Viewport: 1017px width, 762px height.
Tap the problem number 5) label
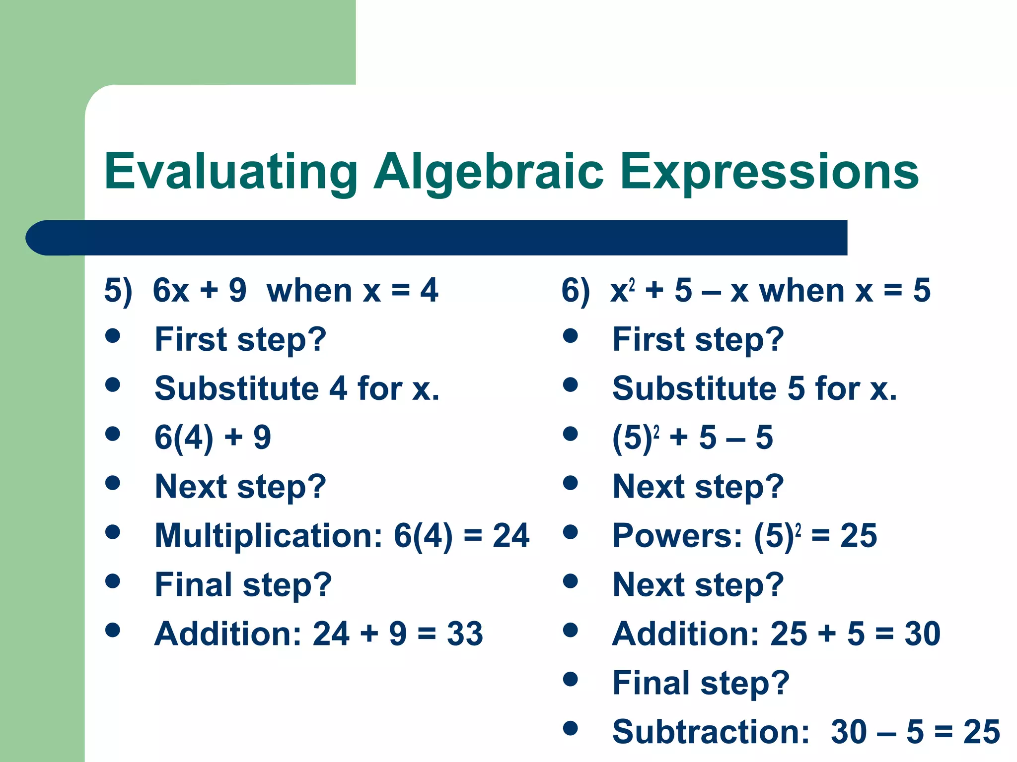click(x=118, y=291)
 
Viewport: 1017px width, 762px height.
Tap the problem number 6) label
click(x=576, y=291)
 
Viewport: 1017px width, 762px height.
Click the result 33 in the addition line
click(x=465, y=634)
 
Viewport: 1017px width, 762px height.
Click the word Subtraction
click(x=711, y=732)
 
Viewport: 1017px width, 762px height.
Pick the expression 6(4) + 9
click(x=213, y=438)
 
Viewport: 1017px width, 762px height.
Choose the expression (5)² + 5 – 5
click(x=692, y=438)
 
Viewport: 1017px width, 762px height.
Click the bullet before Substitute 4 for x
click(x=113, y=384)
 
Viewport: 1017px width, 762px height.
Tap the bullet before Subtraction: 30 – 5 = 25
click(x=571, y=728)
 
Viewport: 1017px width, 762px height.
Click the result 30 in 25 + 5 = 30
click(x=922, y=634)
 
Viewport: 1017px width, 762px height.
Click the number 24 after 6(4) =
click(x=511, y=536)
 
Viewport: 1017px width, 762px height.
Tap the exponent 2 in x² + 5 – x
click(x=632, y=284)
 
